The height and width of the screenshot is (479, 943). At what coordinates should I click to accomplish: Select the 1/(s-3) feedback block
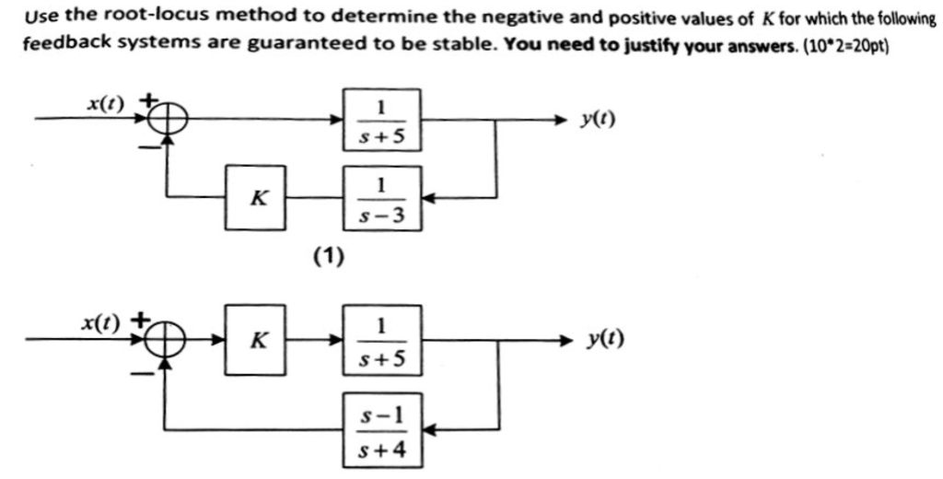382,198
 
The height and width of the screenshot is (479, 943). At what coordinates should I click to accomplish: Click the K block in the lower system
259,340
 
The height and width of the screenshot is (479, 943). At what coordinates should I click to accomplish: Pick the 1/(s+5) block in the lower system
382,340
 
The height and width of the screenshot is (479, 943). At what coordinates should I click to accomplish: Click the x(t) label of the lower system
100,322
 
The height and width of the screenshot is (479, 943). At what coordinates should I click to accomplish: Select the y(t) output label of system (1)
600,120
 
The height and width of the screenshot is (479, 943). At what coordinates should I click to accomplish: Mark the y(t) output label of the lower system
605,341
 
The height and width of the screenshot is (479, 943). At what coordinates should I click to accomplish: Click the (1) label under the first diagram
327,256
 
